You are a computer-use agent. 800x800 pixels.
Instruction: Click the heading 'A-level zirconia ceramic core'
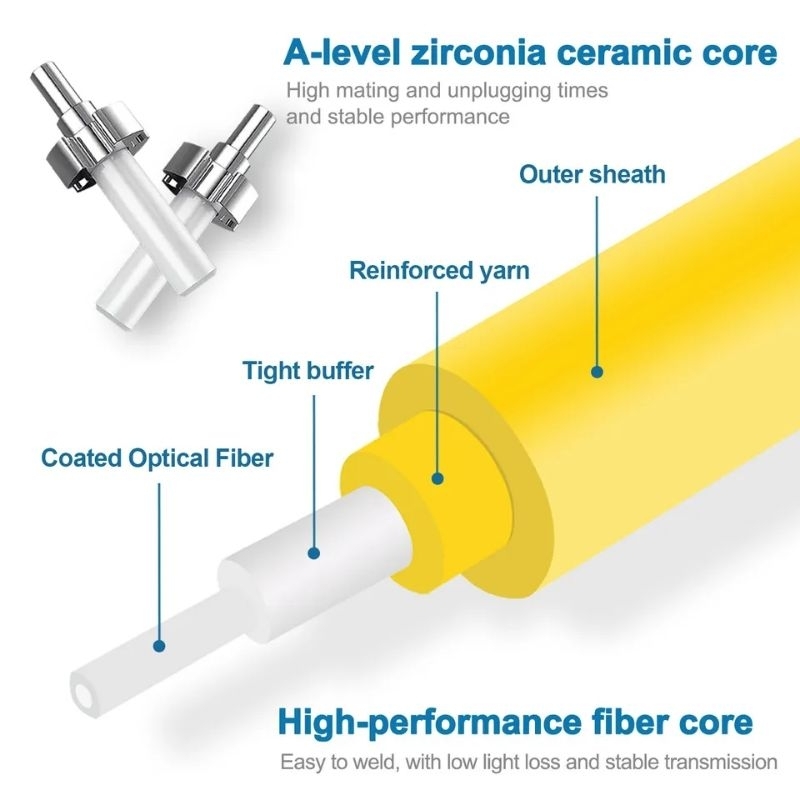click(530, 53)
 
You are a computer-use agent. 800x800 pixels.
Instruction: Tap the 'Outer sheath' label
click(592, 174)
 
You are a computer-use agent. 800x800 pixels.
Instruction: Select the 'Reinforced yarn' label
click(439, 270)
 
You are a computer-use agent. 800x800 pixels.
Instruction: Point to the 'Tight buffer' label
click(308, 370)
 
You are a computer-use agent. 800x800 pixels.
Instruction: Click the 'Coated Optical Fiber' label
click(157, 458)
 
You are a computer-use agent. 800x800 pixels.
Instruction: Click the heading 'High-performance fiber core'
click(515, 722)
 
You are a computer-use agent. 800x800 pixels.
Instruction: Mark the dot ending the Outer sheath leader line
click(597, 372)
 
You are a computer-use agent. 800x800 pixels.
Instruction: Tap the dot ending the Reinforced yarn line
click(437, 479)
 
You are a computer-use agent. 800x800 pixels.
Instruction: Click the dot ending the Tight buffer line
click(314, 553)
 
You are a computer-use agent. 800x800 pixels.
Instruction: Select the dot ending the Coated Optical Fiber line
click(159, 646)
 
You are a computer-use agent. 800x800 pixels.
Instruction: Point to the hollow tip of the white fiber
click(83, 695)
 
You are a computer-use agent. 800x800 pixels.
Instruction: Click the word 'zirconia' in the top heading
click(479, 53)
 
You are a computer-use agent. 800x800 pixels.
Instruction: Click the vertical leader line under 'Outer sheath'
click(597, 282)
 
